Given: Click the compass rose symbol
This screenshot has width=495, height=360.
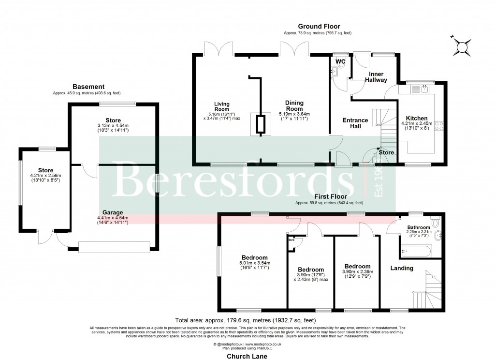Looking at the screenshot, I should [x=463, y=47].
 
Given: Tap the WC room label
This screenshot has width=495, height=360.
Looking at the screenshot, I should [x=340, y=61].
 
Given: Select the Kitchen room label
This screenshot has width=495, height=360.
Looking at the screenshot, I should [x=416, y=118].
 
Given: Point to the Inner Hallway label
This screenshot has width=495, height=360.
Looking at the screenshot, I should [x=376, y=77].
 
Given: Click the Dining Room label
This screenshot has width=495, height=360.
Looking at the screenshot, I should [x=294, y=105].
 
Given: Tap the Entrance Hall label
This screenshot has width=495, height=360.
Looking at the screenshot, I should [x=355, y=123].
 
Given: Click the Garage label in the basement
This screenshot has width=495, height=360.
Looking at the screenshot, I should [x=112, y=212].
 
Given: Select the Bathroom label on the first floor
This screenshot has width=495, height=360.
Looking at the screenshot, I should [x=418, y=227].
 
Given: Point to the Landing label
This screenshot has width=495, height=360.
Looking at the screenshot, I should [x=402, y=268].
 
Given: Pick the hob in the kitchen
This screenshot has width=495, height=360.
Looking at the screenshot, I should [x=440, y=125].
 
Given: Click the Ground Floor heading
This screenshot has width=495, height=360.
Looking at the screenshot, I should [x=319, y=27].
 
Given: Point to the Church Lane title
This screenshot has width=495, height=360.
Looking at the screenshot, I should [x=247, y=356].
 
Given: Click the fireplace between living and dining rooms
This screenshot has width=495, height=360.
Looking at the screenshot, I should [x=260, y=125].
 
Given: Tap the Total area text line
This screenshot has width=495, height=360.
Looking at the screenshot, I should [x=247, y=320].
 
